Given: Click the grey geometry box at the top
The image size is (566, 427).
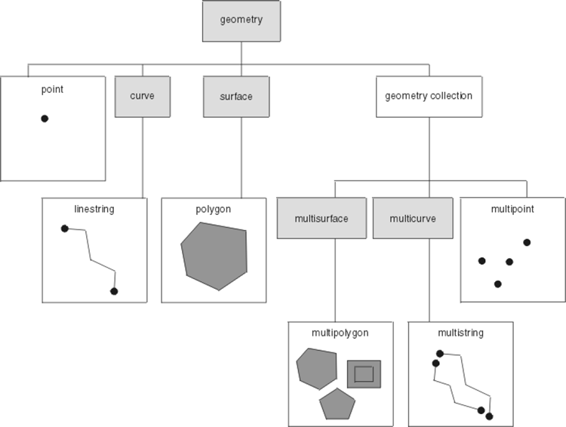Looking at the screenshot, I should click(x=241, y=20).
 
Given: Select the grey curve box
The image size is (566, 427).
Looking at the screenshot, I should click(x=143, y=97).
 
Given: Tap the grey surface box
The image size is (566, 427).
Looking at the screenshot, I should click(x=240, y=97).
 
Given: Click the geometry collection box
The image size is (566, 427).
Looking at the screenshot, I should click(x=429, y=97).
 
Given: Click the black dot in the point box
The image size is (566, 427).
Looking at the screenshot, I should click(x=45, y=118).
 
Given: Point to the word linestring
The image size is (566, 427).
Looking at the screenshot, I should click(x=94, y=209).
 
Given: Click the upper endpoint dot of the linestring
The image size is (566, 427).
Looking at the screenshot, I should click(x=65, y=229).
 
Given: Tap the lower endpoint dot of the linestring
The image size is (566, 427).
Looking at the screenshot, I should click(x=114, y=291).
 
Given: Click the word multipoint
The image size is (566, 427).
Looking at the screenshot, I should click(x=512, y=209).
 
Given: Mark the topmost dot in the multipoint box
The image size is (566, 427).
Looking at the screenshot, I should click(x=527, y=242).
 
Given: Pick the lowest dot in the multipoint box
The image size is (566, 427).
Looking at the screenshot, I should click(x=497, y=284).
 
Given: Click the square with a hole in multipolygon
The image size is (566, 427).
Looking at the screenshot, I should click(x=364, y=373).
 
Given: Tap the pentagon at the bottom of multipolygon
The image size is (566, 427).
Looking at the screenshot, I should click(x=337, y=405).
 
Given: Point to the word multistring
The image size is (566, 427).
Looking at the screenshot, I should click(x=460, y=332).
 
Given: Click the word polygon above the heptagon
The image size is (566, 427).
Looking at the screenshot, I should click(x=214, y=209).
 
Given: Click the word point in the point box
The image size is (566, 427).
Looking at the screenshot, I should click(x=53, y=89).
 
